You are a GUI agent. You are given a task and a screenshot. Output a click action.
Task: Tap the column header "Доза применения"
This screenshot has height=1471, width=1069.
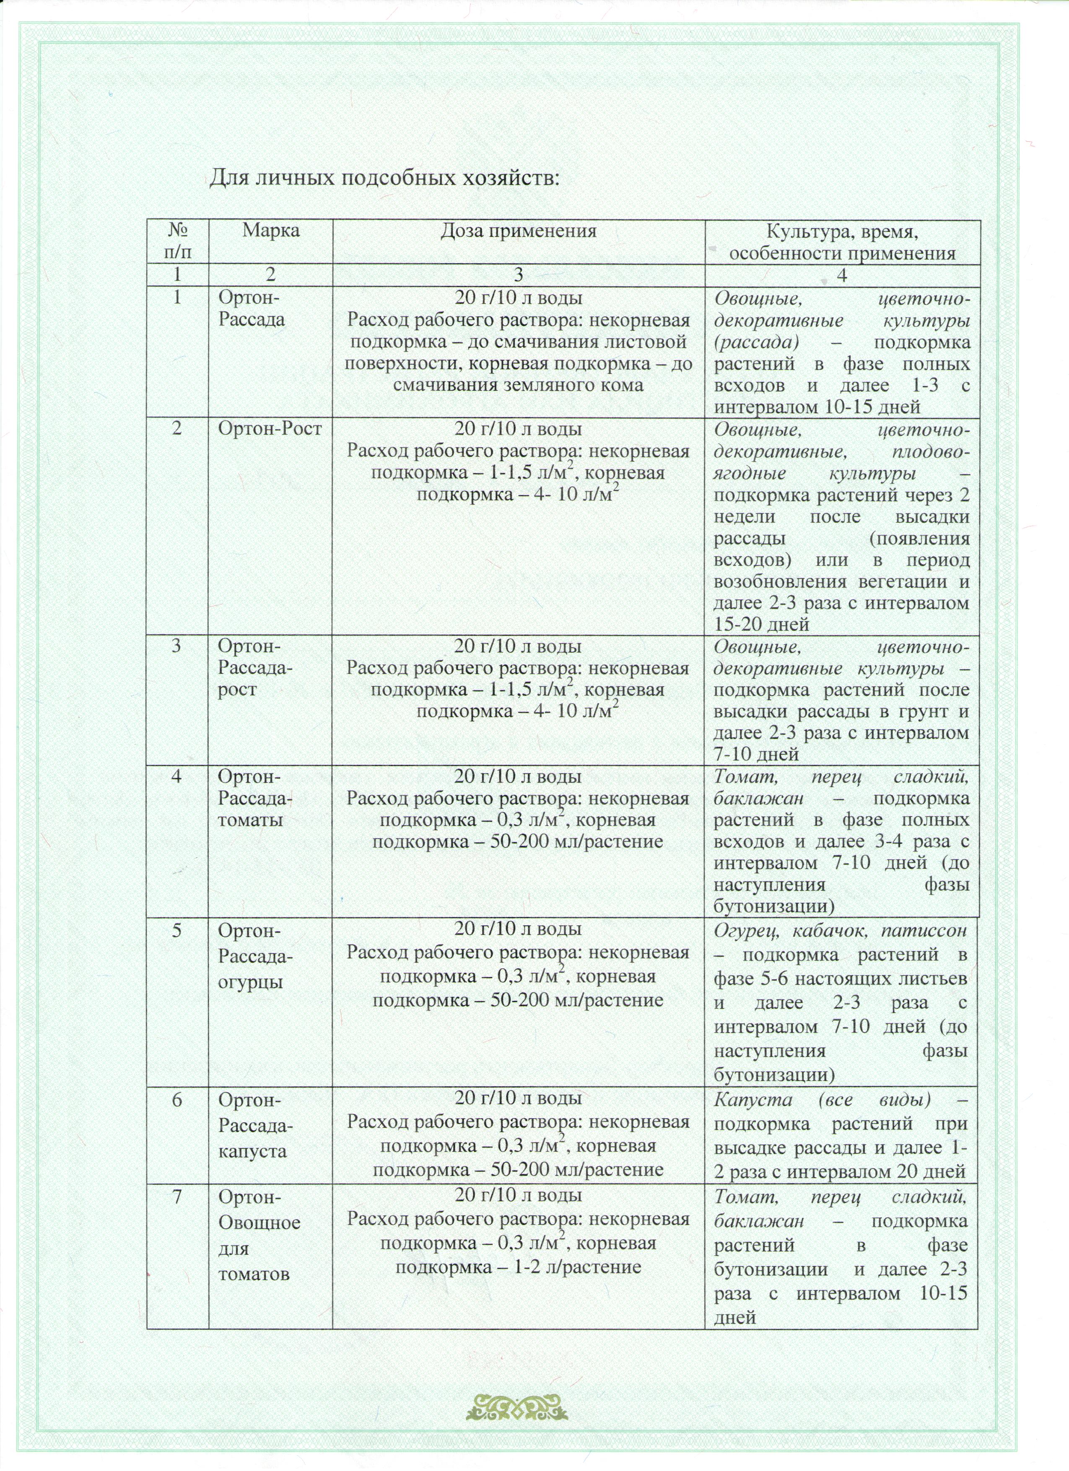[518, 231]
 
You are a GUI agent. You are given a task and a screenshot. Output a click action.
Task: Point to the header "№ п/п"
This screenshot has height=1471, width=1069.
[178, 241]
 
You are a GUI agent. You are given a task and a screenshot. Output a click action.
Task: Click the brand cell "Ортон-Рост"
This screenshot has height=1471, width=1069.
[270, 429]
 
